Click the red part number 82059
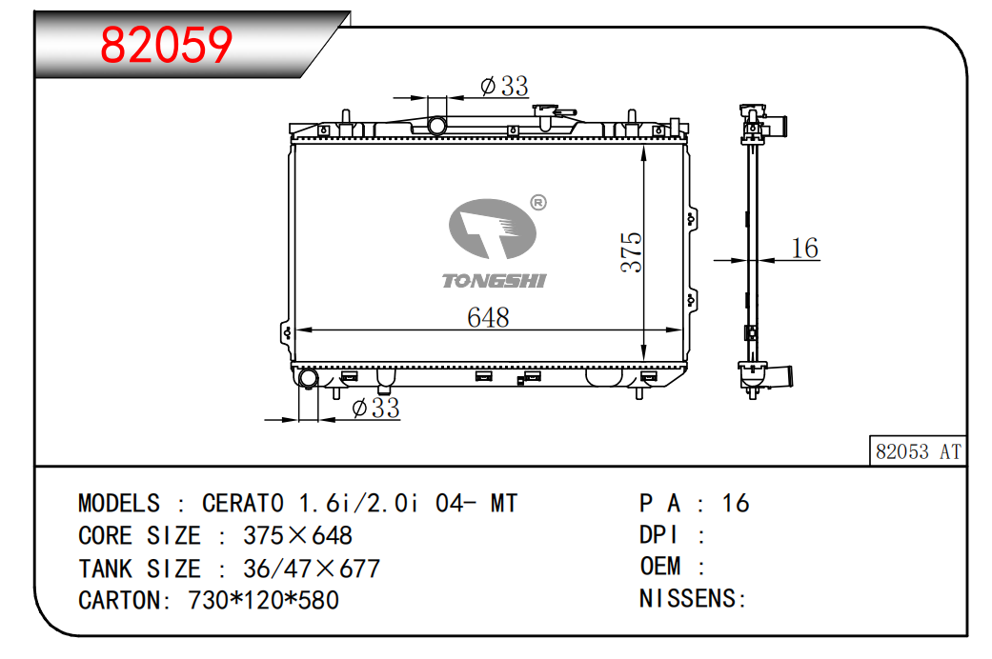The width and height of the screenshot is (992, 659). point(167,45)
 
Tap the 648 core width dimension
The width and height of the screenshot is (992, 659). point(488,317)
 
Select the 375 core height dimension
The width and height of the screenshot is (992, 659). point(632,252)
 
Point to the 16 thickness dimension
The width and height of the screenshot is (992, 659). point(804,248)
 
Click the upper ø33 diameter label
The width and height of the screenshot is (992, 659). point(504,86)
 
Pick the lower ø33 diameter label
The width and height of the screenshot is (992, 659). point(375,408)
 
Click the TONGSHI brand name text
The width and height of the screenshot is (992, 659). point(494,281)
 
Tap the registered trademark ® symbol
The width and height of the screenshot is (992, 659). point(537,203)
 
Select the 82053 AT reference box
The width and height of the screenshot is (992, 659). point(918,451)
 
